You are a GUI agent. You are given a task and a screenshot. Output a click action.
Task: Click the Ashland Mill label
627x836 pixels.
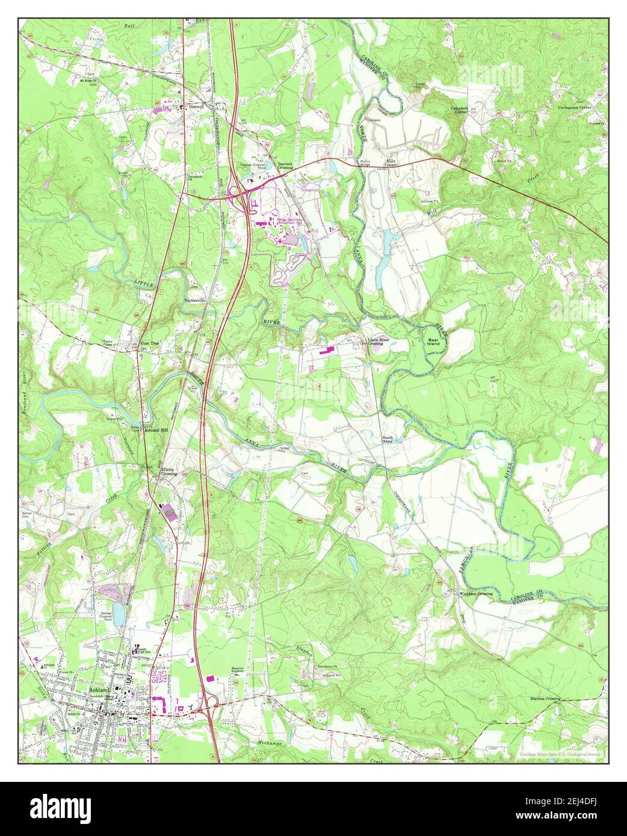[x=156, y=431]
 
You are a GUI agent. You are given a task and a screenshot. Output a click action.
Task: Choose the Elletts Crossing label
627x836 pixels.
[x=168, y=471]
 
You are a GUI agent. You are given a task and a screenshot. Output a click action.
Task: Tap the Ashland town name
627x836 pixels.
[x=99, y=690]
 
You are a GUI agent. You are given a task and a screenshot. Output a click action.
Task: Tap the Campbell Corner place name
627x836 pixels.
[x=460, y=110]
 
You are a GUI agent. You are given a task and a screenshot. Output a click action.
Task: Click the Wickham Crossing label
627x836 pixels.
[x=476, y=594]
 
